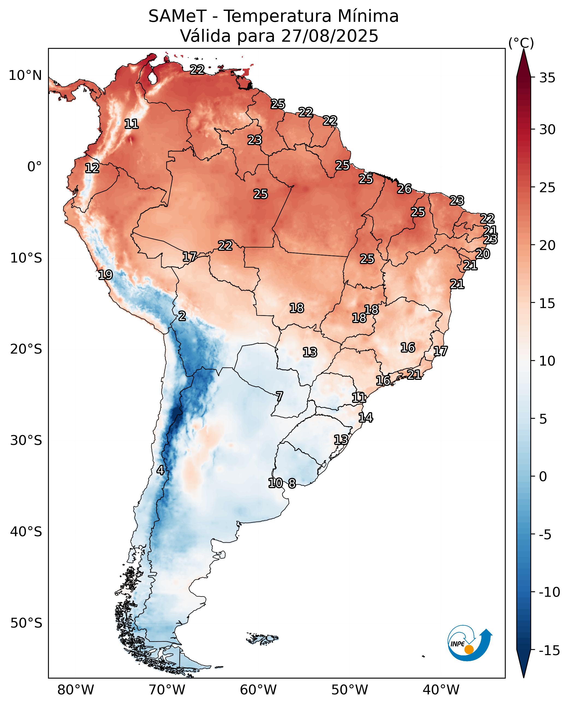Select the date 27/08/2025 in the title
pyautogui.click(x=329, y=36)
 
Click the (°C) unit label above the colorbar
pyautogui.click(x=521, y=43)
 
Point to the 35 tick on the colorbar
pyautogui.click(x=547, y=78)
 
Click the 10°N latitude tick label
pyautogui.click(x=25, y=76)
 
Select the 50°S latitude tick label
pyautogui.click(x=26, y=623)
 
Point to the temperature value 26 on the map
pyautogui.click(x=404, y=189)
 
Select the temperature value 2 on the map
pyautogui.click(x=182, y=316)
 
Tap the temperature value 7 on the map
pyautogui.click(x=279, y=397)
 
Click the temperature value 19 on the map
pyautogui.click(x=105, y=275)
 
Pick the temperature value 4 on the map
pyautogui.click(x=160, y=470)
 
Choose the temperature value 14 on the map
pyautogui.click(x=365, y=417)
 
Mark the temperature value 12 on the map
pyautogui.click(x=92, y=168)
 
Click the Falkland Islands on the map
pyautogui.click(x=262, y=638)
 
